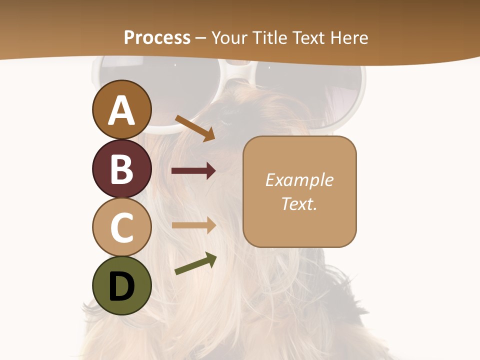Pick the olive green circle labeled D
(x=121, y=286)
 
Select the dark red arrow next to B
(x=193, y=171)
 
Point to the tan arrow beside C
(x=193, y=225)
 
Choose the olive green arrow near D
(x=195, y=264)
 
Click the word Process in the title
(x=157, y=37)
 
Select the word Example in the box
(x=299, y=180)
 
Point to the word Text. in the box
(x=299, y=203)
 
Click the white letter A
(x=121, y=111)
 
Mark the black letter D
(x=121, y=287)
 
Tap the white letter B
(x=121, y=169)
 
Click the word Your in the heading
(x=231, y=37)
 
